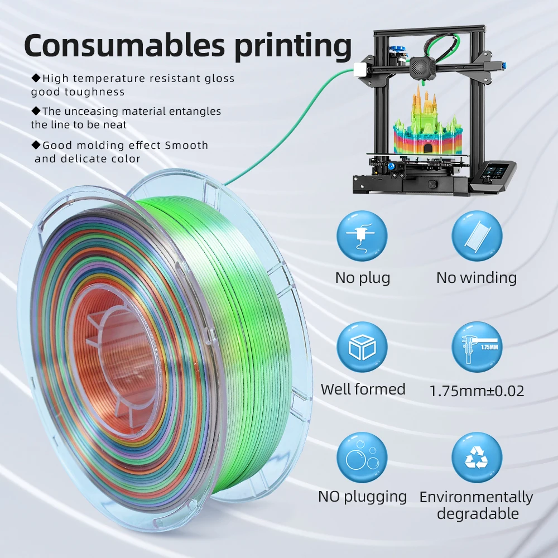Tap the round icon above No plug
tap(362, 236)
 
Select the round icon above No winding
tap(477, 236)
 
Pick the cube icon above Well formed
tap(362, 347)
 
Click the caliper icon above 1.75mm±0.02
tap(477, 347)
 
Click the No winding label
tap(477, 277)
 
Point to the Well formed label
tap(363, 389)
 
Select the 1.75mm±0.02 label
tap(477, 391)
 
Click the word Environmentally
tap(477, 497)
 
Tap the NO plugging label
tap(363, 496)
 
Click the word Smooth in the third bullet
tap(186, 146)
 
